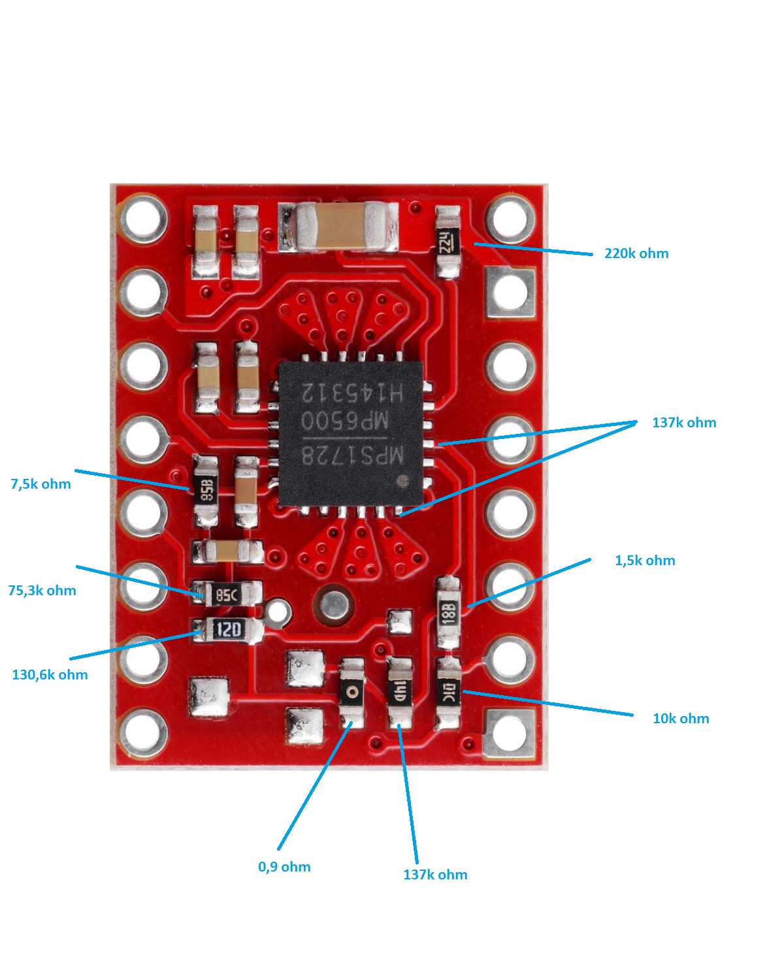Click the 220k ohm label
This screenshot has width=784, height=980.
click(636, 253)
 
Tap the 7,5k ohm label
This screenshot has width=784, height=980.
click(41, 484)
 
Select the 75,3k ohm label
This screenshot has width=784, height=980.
click(42, 591)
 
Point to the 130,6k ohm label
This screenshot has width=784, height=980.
click(50, 675)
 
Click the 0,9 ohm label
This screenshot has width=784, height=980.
click(284, 867)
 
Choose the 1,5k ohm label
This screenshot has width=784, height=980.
click(644, 561)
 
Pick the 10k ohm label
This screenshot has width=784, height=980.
click(680, 719)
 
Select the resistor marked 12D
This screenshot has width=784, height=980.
click(228, 630)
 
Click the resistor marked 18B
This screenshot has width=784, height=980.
click(448, 612)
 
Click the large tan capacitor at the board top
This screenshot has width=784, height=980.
click(338, 226)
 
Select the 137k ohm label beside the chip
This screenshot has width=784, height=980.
click(683, 423)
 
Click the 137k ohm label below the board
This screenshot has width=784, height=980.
click(435, 875)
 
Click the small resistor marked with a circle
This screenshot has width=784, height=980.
click(352, 692)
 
